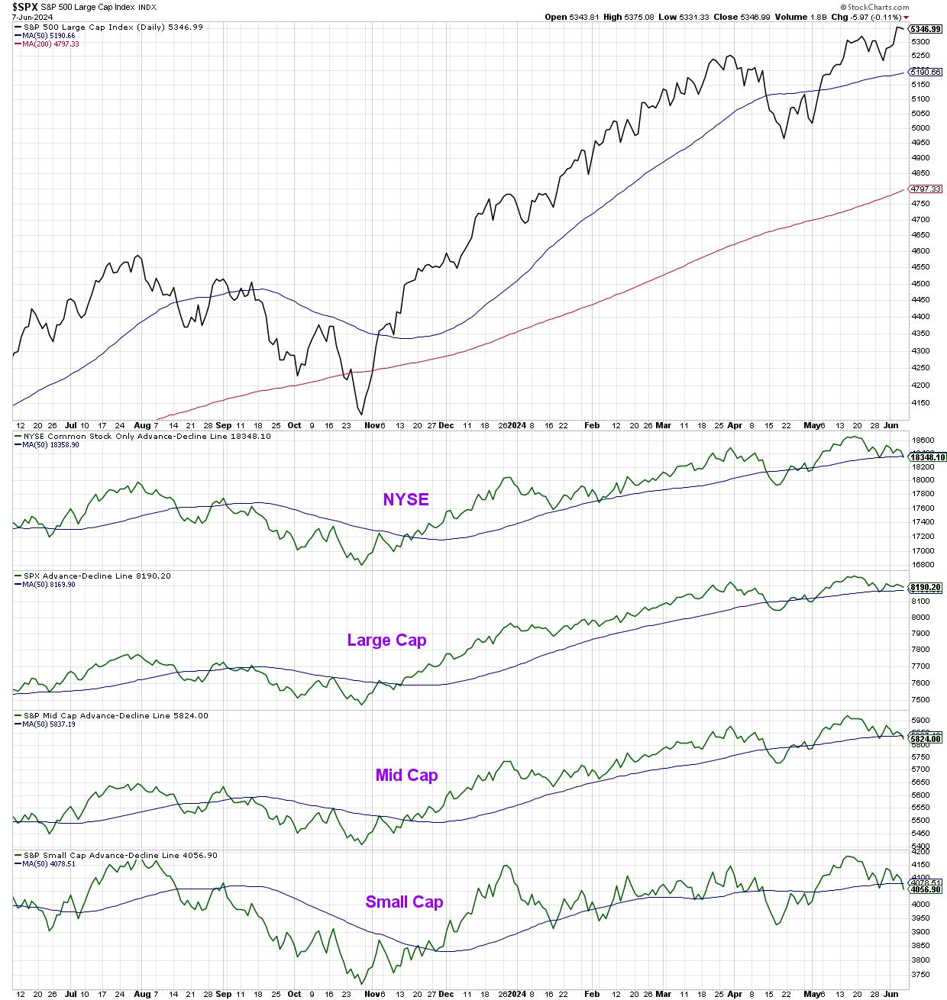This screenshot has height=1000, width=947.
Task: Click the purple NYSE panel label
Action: [x=406, y=500]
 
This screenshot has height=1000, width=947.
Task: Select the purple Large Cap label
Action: [x=386, y=640]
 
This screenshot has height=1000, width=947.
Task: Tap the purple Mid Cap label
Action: [x=406, y=776]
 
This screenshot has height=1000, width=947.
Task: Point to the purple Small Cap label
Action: [x=404, y=902]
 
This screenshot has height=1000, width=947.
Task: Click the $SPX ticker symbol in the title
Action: [x=24, y=7]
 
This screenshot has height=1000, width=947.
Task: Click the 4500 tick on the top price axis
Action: [x=920, y=284]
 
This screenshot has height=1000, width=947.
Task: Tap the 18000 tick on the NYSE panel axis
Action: [x=922, y=480]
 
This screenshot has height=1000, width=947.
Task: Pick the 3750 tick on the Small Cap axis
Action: [x=920, y=975]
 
